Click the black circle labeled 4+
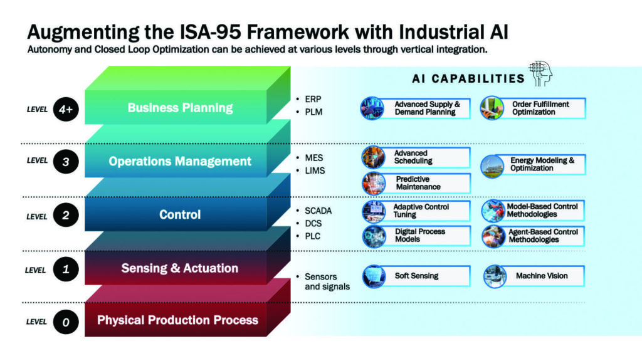point(66,109)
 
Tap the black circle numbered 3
point(66,161)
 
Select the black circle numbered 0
point(66,322)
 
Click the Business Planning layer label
point(180,108)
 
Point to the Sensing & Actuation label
point(180,268)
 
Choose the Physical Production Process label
point(177,320)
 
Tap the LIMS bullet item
point(311,170)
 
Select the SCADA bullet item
point(314,211)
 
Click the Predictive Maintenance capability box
point(416,183)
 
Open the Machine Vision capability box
point(534,276)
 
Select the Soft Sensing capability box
point(416,276)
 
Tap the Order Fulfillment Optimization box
point(533,108)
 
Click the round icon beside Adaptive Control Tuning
point(374,211)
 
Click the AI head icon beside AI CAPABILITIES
point(540,73)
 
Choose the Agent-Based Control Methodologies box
point(533,236)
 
